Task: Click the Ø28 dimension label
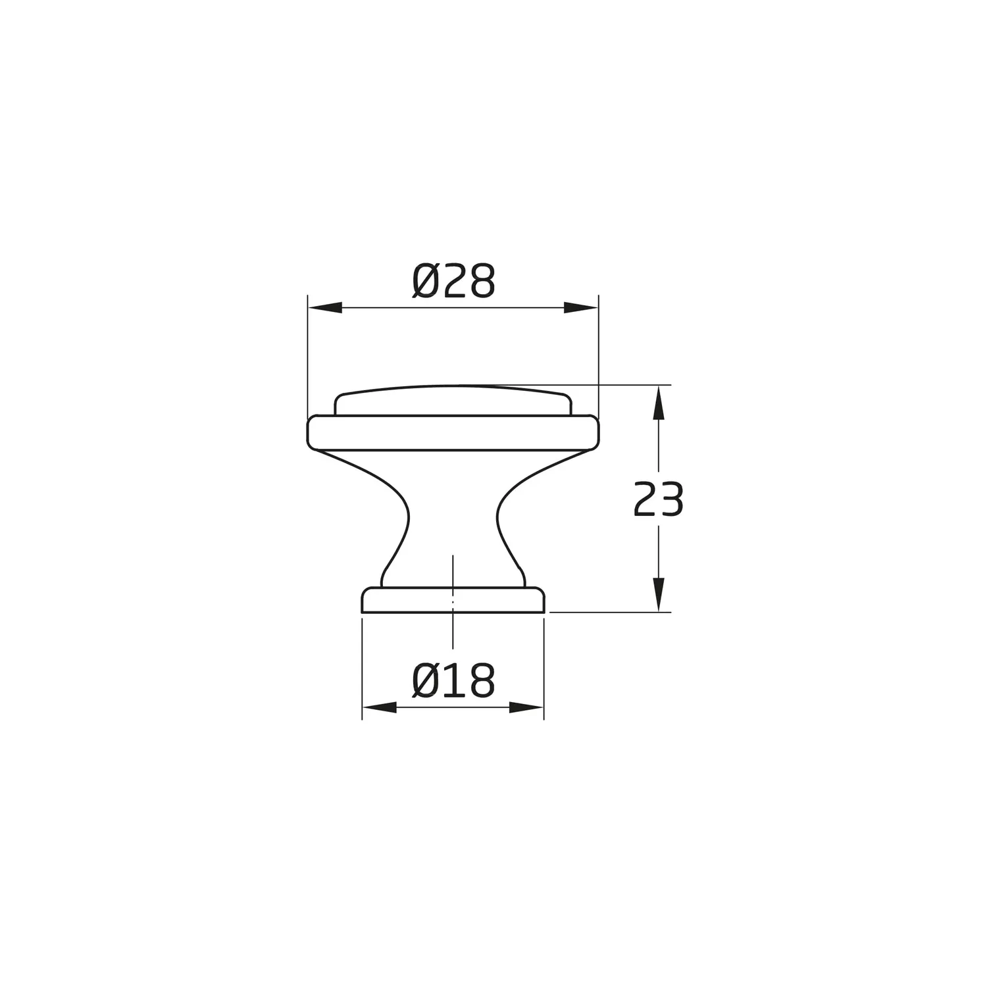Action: [x=453, y=282]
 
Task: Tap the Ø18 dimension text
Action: [x=453, y=681]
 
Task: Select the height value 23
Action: [x=658, y=499]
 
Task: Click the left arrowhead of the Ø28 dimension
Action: [x=325, y=307]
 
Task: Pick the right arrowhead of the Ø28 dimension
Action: [x=582, y=307]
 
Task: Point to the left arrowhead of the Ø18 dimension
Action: [x=380, y=707]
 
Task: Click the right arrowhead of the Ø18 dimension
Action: [x=526, y=707]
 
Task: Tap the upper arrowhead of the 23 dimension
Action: [x=659, y=402]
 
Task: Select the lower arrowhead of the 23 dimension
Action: [x=659, y=595]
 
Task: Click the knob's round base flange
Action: [x=453, y=599]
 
